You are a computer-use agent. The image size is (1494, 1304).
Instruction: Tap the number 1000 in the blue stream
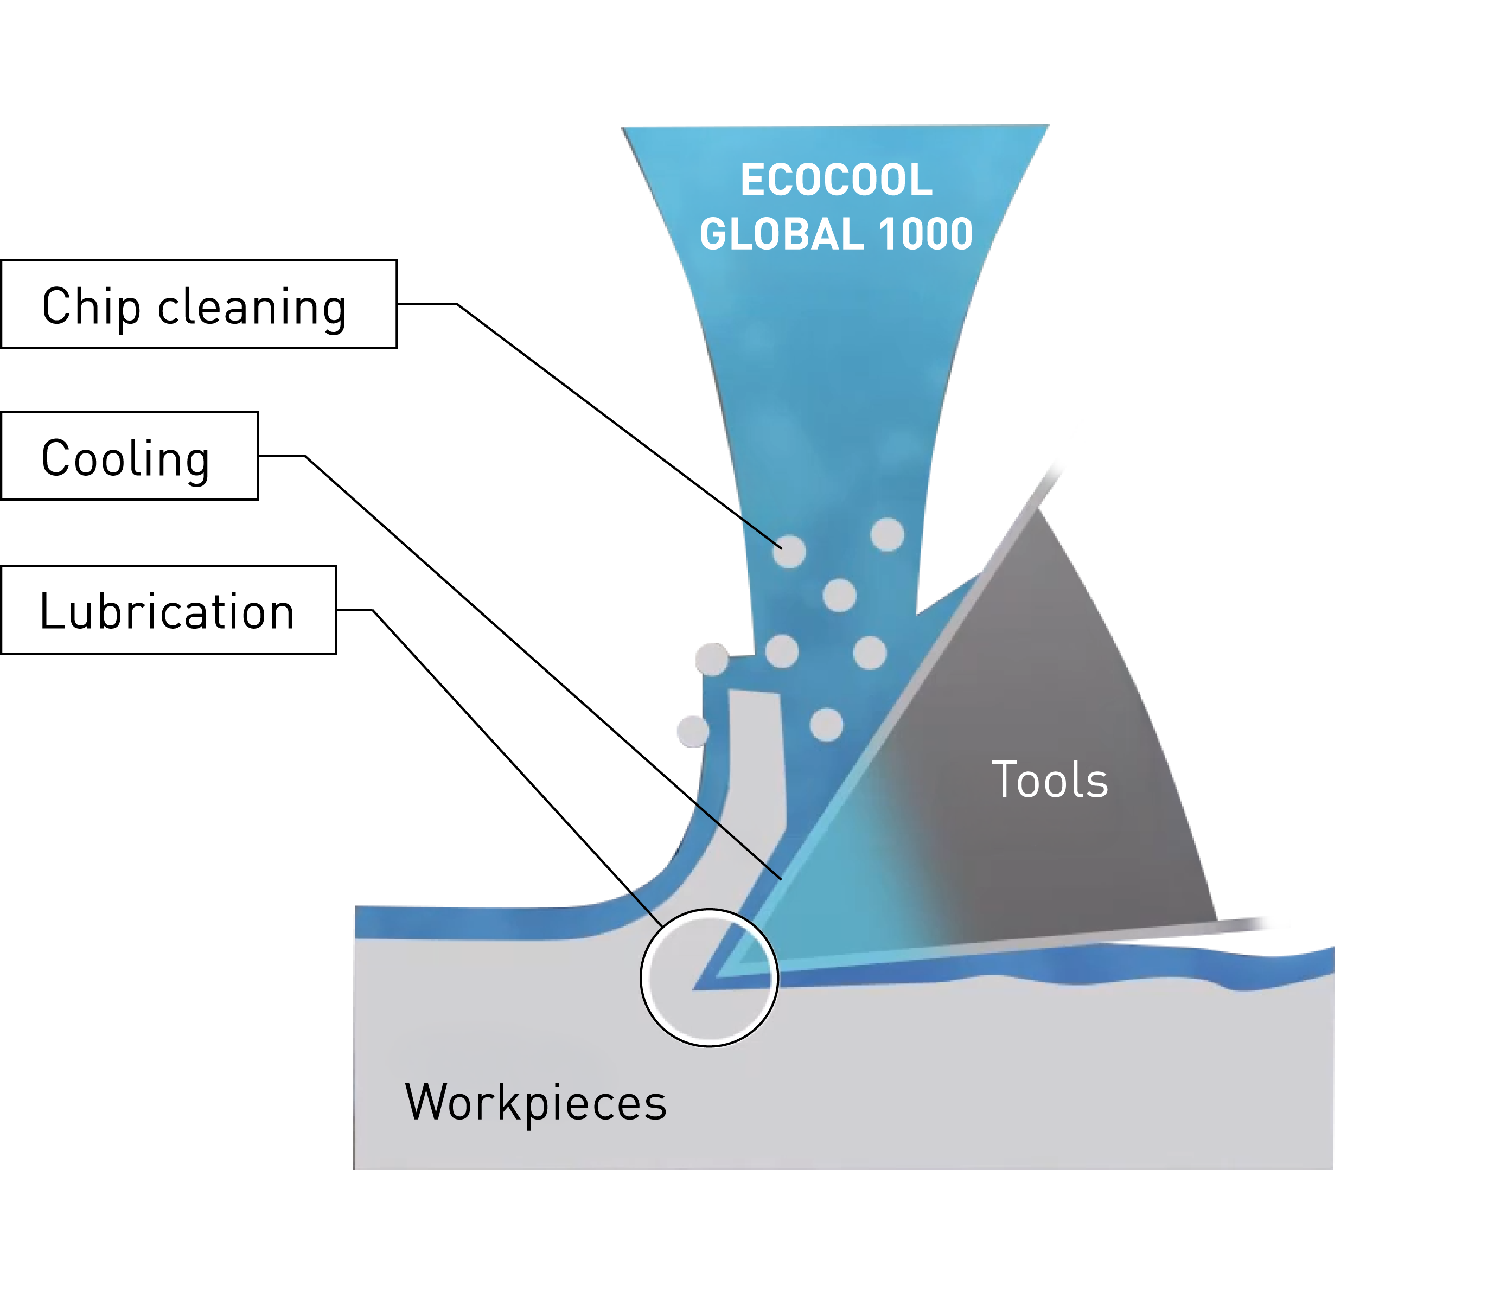pos(924,234)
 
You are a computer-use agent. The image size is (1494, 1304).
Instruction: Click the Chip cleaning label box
pos(199,304)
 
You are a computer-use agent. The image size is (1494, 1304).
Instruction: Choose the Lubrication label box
pos(168,610)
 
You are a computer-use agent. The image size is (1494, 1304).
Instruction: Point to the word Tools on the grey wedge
pos(1049,780)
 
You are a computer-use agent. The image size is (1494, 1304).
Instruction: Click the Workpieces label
pos(535,1102)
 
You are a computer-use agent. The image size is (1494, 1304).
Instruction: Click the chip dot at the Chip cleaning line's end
pos(789,551)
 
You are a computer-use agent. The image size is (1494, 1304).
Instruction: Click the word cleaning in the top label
pos(252,307)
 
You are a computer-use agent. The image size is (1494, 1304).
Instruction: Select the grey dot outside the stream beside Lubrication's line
pos(693,731)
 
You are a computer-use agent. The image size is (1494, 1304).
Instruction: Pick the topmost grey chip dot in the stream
pos(887,534)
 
